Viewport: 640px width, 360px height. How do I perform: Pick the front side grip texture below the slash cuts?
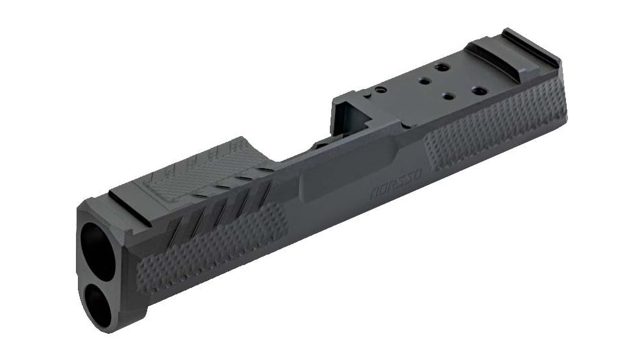216,245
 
